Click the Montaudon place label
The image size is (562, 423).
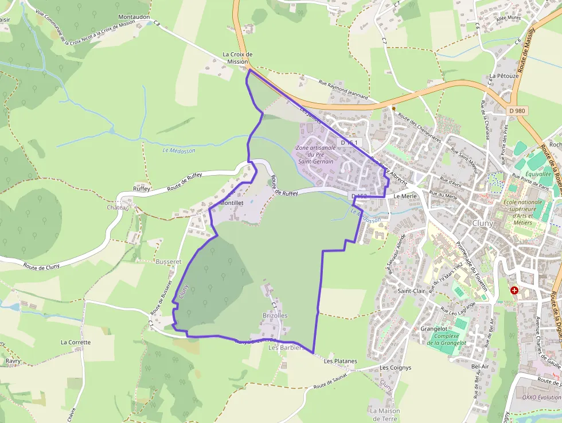[x=134, y=17]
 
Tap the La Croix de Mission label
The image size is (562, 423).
[x=237, y=58]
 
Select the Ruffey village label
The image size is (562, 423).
[x=142, y=188]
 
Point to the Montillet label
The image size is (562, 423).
[x=232, y=203]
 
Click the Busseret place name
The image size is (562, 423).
[x=168, y=261]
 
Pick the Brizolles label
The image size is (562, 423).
[x=275, y=316]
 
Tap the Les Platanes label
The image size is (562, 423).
[x=340, y=362]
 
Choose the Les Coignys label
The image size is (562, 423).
[x=396, y=367]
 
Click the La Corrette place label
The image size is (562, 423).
[x=76, y=342]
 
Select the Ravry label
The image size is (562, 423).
[x=13, y=361]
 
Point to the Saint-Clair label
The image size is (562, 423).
[x=412, y=291]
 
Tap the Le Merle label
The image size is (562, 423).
[x=405, y=196]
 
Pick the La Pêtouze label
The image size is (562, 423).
[x=504, y=76]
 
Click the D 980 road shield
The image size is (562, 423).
[x=517, y=110]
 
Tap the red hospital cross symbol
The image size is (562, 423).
[x=514, y=290]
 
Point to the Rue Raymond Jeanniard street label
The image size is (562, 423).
[x=344, y=90]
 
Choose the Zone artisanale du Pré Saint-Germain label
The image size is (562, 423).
[x=315, y=154]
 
